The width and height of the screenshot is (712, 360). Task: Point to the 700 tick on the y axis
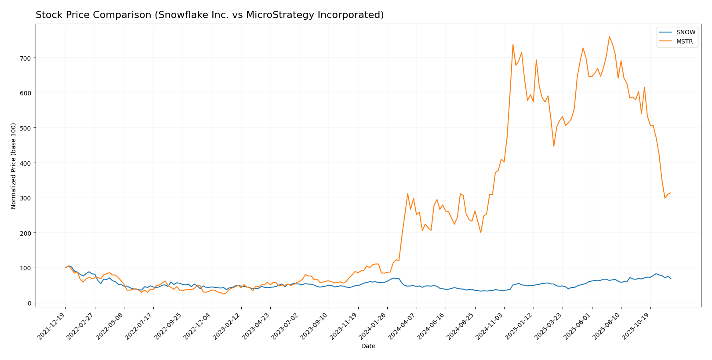point(26,58)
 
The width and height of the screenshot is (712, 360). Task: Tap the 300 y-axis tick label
point(26,198)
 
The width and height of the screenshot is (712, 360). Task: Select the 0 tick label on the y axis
point(29,303)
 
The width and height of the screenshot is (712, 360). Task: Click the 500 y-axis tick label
point(26,128)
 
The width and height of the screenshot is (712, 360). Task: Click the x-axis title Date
point(368,346)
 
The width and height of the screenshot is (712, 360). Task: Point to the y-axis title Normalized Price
point(14,166)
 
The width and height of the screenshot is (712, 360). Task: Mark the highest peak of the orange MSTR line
point(609,36)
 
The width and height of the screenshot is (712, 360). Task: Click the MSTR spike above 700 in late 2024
point(513,44)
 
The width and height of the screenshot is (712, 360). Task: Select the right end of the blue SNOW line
point(671,279)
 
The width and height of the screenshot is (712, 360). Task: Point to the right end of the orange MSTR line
point(671,193)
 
